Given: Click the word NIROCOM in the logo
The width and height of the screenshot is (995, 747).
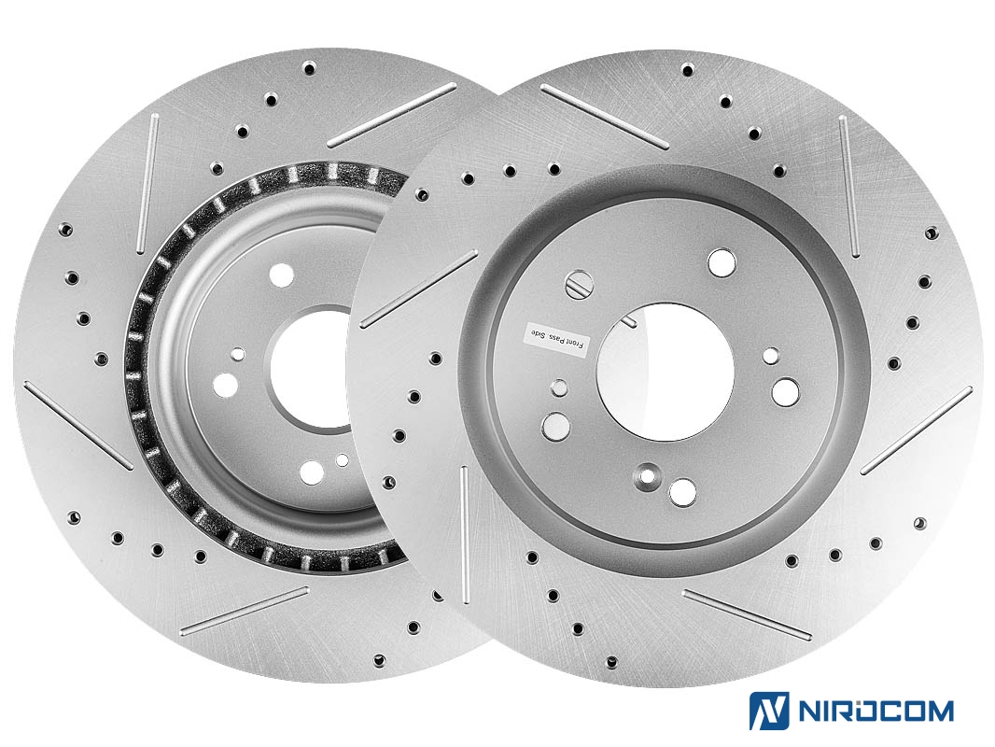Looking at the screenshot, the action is (876, 711).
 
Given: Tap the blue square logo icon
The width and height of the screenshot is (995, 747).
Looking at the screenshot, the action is (769, 711).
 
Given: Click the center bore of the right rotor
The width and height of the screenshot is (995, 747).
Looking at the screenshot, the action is (665, 372).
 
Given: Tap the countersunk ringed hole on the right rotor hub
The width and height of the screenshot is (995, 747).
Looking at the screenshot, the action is (648, 475).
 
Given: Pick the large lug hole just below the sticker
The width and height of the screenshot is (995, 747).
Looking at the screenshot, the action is (556, 426).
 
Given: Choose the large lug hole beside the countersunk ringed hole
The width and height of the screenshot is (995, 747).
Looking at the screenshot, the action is (683, 492).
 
